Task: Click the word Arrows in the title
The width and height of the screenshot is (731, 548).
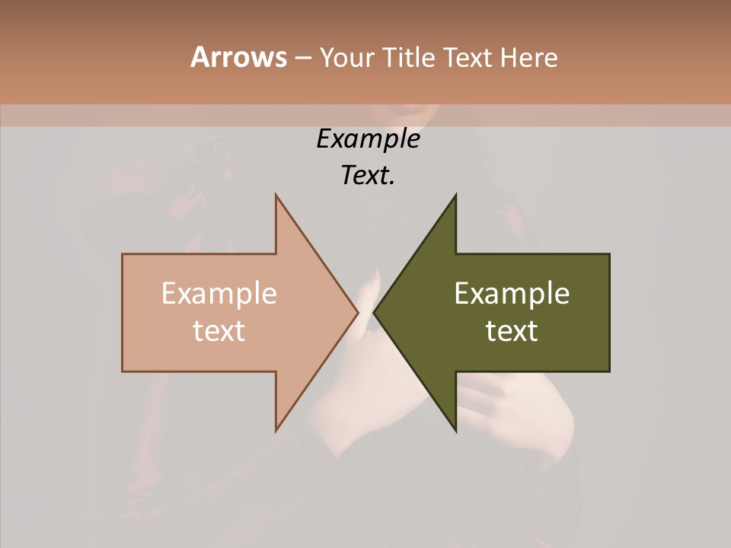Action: coord(238,58)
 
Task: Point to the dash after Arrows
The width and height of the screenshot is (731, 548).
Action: coord(302,59)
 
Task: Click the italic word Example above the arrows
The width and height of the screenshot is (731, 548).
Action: coord(368,139)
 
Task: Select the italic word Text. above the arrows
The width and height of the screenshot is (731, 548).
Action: coord(368,175)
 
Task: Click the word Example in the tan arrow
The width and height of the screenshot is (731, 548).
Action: coord(219,293)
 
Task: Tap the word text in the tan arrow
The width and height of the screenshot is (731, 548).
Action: coord(219,330)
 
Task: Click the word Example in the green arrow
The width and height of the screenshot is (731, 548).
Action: coord(512,293)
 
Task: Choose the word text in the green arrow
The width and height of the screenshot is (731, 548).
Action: coord(512,330)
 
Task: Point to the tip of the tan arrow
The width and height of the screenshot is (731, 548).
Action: coord(358,313)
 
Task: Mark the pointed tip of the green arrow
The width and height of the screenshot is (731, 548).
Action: coord(374,313)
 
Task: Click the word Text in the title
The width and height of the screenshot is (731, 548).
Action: coord(468,58)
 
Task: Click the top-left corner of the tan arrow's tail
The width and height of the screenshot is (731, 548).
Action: coord(123,255)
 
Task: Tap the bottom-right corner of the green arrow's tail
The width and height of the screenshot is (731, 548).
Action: coord(608,371)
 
